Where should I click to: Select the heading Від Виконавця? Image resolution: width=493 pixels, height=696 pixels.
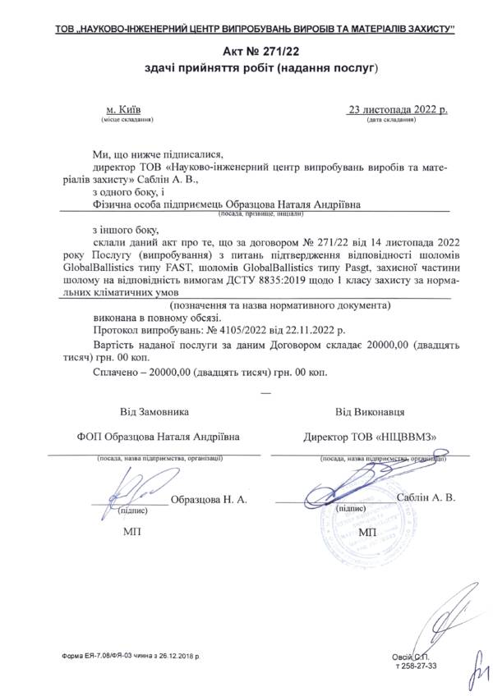[369, 410]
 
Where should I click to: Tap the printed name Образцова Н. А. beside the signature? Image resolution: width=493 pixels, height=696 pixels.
[208, 498]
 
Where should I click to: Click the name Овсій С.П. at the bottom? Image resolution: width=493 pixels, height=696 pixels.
[411, 657]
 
